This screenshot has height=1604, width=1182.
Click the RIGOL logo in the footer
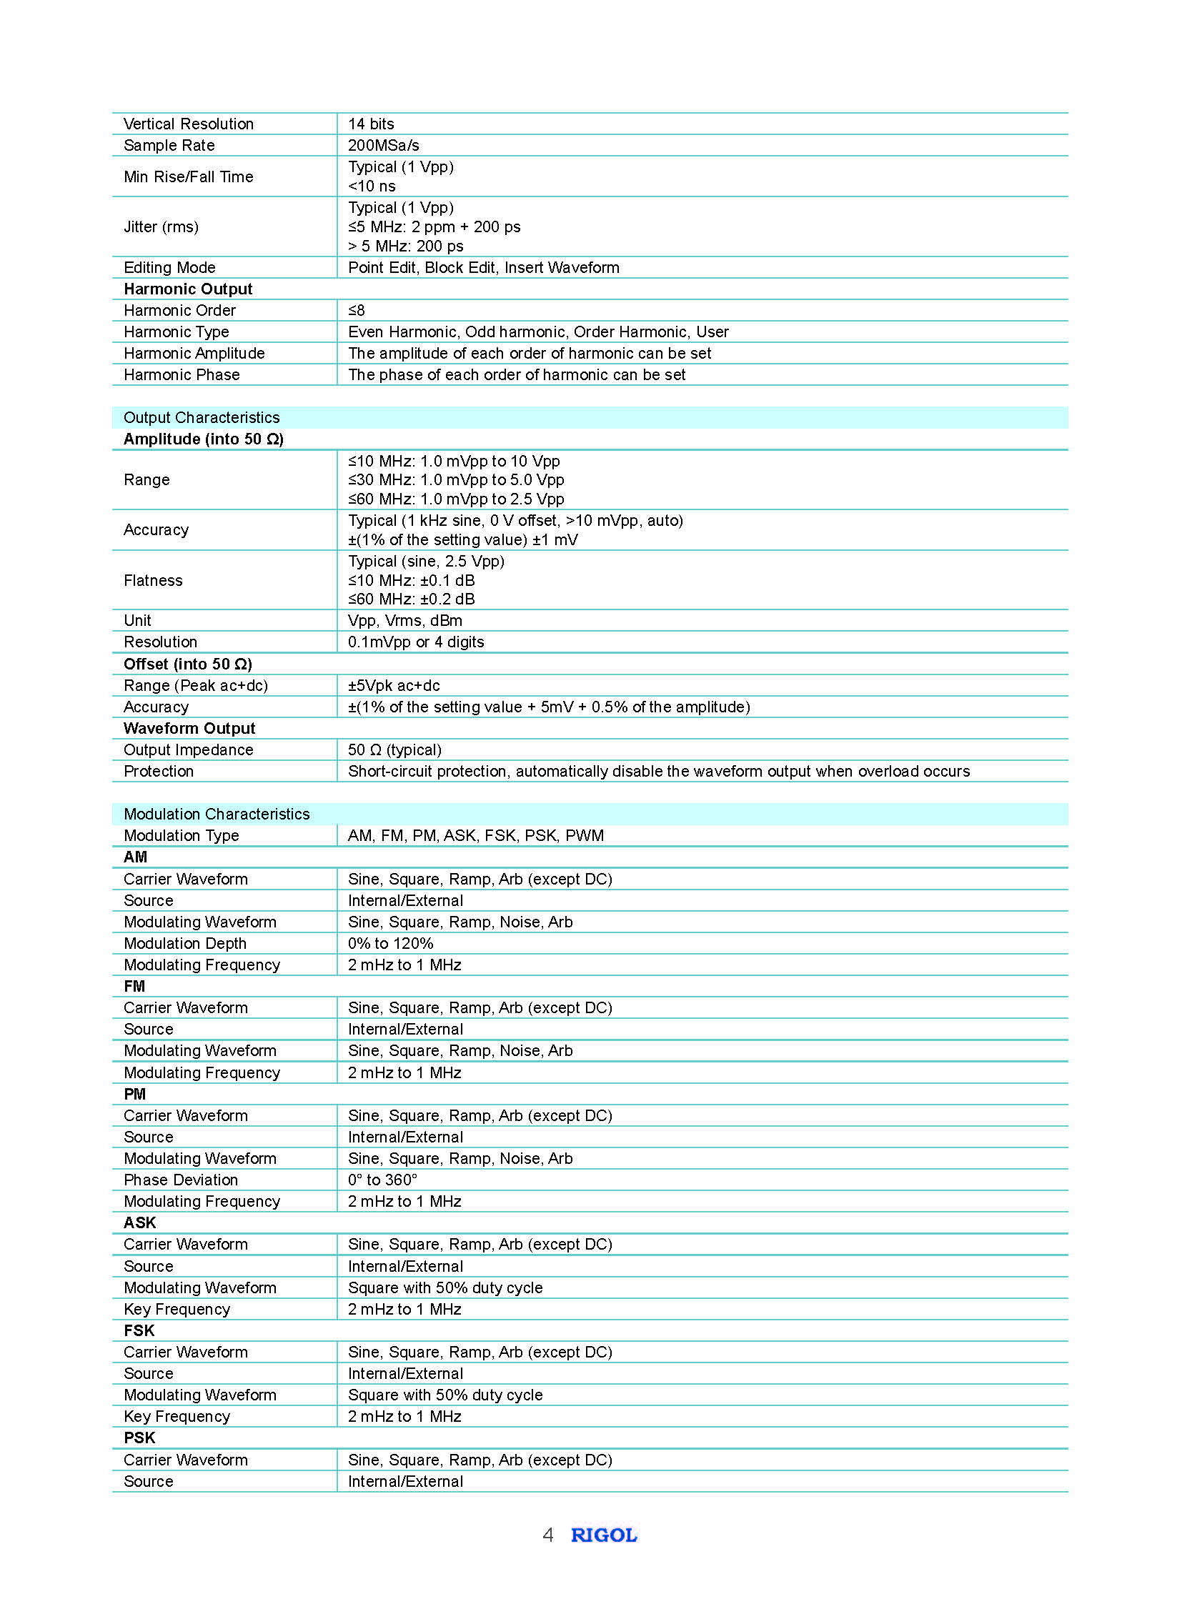coord(603,1535)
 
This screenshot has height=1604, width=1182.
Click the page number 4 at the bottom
coord(548,1535)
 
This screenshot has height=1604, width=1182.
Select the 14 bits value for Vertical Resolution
coord(371,124)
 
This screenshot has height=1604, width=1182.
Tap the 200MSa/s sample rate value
coord(384,145)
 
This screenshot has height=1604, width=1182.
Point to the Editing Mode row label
coord(169,268)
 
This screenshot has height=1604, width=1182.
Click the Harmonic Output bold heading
coord(188,289)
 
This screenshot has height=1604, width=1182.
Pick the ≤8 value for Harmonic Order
coord(357,311)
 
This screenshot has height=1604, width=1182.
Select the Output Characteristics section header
coord(202,418)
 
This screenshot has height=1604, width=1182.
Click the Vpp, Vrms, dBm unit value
coord(405,620)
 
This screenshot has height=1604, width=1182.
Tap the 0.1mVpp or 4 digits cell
coord(416,642)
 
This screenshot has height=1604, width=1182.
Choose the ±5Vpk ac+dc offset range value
coord(394,685)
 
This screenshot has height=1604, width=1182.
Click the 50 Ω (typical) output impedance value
coord(394,749)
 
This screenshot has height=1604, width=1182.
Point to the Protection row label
coord(159,771)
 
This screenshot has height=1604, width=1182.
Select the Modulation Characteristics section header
coord(217,815)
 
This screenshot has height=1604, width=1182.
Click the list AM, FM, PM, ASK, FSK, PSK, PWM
coord(476,836)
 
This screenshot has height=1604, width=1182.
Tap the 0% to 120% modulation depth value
coord(391,944)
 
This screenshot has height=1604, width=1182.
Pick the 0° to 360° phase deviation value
coord(383,1180)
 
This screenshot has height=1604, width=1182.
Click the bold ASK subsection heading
coord(139,1222)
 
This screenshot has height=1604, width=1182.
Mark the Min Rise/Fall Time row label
coord(188,176)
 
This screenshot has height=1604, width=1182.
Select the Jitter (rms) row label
coord(161,226)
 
